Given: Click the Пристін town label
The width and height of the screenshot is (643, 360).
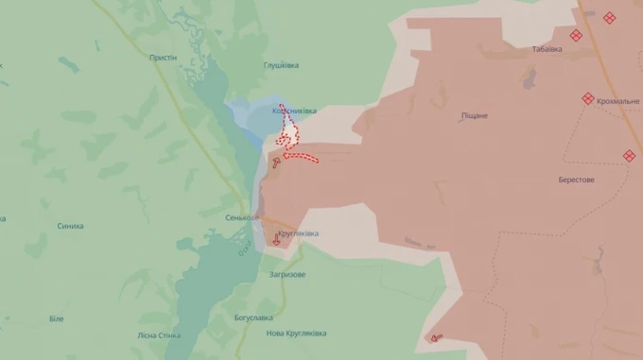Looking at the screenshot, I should [163, 58].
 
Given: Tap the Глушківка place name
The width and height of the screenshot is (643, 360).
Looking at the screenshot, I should [281, 65].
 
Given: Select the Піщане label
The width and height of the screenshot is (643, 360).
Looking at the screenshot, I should [475, 115].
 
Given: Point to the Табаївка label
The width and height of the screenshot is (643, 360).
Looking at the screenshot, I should [547, 49].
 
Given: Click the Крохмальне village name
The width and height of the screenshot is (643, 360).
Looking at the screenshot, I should [617, 100].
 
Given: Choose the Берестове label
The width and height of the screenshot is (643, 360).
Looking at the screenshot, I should [576, 180].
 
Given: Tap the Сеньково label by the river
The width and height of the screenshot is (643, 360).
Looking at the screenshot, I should [241, 217].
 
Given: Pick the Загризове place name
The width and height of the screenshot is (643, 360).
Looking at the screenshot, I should [287, 274].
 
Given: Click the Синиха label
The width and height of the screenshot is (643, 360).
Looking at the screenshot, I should [70, 226].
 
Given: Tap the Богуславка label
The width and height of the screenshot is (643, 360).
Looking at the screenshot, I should [253, 317].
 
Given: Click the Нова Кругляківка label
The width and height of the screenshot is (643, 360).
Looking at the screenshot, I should [296, 334].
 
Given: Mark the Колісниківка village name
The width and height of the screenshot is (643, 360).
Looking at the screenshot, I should [294, 111].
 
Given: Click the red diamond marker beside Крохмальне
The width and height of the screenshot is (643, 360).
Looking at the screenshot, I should [588, 98].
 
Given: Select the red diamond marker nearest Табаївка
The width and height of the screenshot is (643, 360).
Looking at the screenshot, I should [576, 36].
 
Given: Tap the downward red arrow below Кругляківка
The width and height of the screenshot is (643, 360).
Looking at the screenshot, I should [276, 241].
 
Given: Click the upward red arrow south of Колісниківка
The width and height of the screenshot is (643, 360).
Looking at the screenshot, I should [275, 163].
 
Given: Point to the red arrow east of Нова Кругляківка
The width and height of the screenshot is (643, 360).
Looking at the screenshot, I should [436, 336].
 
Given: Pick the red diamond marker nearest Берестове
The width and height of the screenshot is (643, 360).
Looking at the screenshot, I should [630, 156].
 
